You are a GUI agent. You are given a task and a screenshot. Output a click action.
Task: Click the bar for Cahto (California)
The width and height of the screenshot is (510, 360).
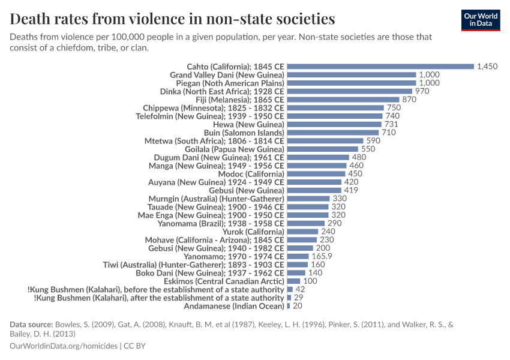(380, 67)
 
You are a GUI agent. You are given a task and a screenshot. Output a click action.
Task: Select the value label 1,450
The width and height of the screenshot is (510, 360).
(487, 67)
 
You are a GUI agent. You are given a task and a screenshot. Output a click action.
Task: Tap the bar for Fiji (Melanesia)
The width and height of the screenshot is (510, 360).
(343, 100)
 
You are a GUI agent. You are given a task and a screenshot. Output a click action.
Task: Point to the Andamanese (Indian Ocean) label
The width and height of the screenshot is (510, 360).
(235, 306)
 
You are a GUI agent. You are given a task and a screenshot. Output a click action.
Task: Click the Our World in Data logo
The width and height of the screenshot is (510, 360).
(480, 20)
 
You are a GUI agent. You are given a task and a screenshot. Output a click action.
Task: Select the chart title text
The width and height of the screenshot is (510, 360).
(172, 19)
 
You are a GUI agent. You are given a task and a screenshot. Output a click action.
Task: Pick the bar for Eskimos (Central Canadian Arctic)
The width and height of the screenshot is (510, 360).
(293, 281)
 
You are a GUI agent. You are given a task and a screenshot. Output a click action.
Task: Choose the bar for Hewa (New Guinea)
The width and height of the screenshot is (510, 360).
(334, 124)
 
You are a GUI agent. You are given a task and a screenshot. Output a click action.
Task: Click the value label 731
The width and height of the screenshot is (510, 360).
(392, 124)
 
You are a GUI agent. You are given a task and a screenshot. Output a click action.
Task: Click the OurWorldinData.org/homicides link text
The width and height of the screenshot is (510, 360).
(64, 346)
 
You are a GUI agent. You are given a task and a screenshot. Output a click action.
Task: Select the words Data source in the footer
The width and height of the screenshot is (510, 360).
(31, 325)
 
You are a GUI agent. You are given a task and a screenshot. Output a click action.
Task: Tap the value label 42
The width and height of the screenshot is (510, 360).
(301, 289)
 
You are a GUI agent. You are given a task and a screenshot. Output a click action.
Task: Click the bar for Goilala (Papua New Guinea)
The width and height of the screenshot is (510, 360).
(323, 149)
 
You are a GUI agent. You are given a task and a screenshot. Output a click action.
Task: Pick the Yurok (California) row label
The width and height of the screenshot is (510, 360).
(253, 232)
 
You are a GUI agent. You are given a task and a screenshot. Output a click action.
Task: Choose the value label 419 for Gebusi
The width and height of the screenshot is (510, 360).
(352, 190)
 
